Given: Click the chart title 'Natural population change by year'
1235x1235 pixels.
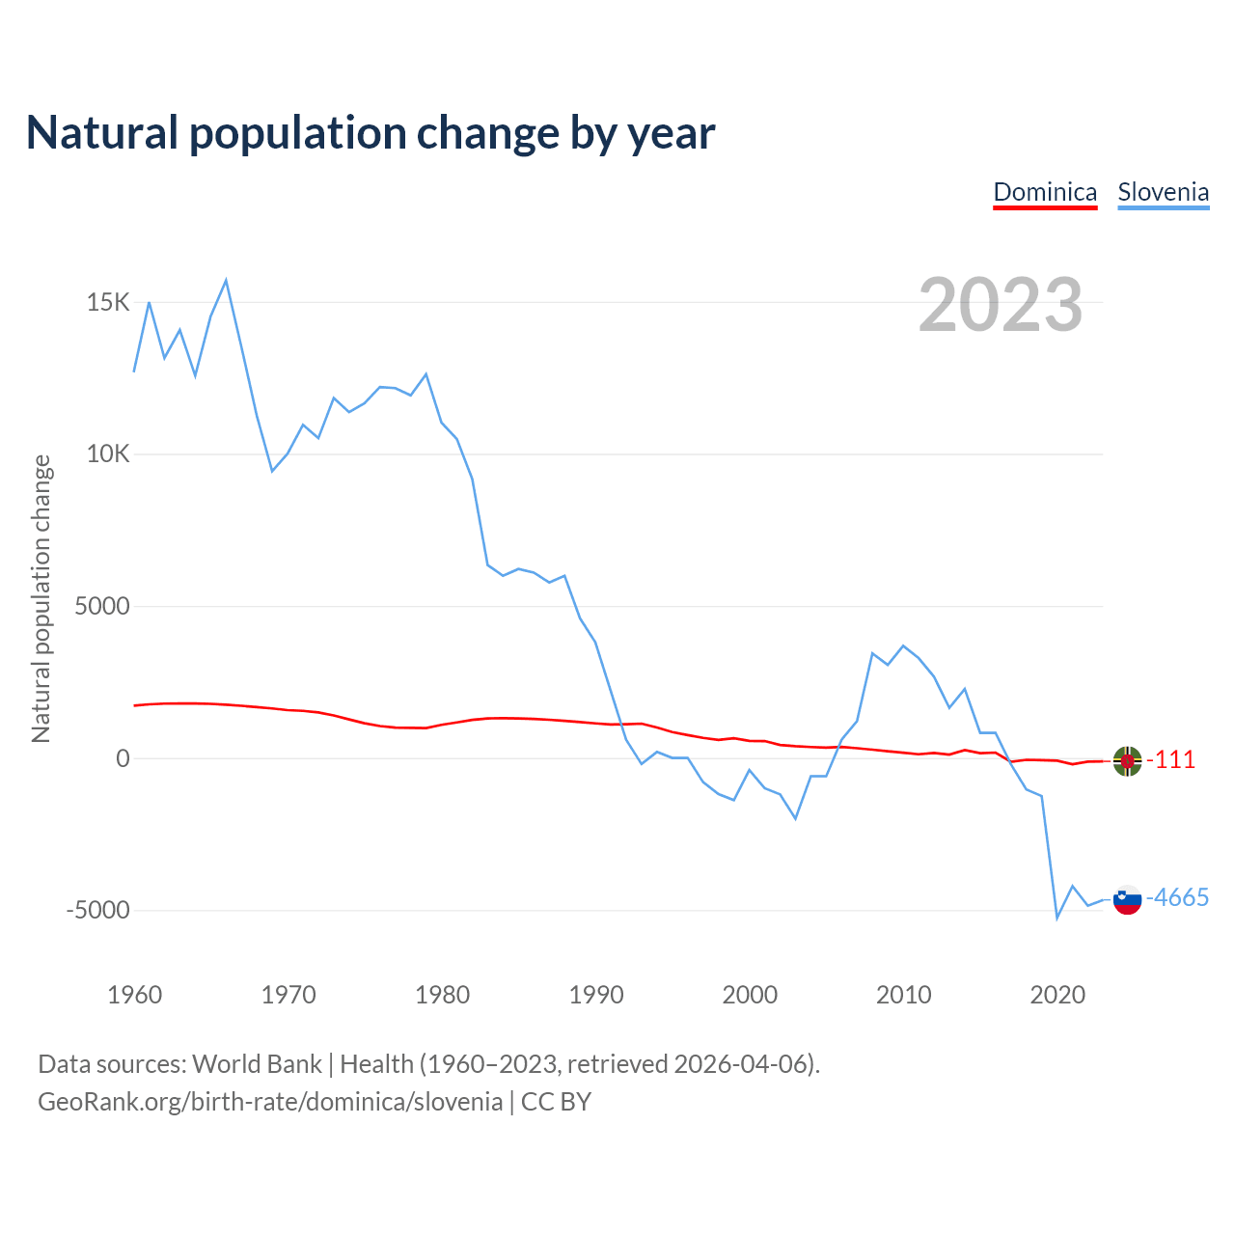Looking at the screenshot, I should point(370,133).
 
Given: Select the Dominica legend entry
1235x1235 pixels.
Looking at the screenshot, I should point(1045,192).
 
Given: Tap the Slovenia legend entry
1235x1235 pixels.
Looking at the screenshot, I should point(1163,192).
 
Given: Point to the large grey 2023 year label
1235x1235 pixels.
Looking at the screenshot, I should point(1001,305).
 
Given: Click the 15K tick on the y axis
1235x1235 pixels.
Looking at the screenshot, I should point(108,303).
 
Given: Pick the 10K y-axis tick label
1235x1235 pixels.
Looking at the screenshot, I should point(108,454).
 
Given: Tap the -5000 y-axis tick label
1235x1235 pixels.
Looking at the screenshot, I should point(97,911).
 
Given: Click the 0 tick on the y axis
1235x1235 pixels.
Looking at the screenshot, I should point(123,759).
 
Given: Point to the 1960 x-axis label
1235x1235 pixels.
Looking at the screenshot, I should point(135,995).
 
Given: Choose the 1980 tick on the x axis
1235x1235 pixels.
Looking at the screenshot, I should point(443,995).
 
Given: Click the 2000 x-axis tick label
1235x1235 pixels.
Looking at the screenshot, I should point(750,995).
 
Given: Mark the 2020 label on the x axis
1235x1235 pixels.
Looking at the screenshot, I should point(1057,995).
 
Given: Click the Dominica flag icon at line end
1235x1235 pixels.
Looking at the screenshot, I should point(1127,761).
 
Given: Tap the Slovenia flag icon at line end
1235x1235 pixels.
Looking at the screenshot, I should point(1127,899).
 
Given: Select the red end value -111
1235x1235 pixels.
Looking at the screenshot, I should point(1170,760).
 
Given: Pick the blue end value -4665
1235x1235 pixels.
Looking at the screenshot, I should point(1177,898).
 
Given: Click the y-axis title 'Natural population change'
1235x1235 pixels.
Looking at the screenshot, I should point(41,599).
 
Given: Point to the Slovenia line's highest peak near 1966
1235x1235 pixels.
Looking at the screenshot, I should point(226,281).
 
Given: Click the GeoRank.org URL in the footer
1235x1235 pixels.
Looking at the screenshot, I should point(270,1102).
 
